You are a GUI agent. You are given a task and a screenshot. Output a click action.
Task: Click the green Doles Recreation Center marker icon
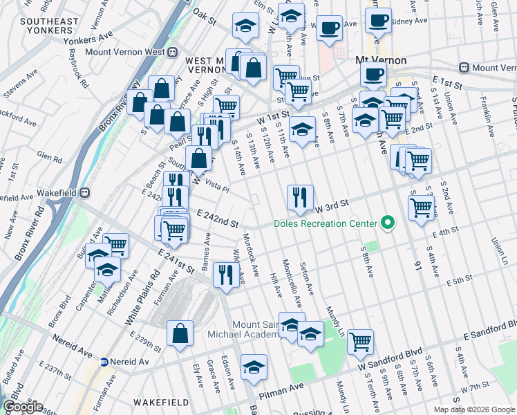pos(388,223)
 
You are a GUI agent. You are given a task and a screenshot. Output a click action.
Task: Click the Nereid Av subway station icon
pos(104,362)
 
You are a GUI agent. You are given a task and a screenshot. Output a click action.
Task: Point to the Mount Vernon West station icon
pos(172,52)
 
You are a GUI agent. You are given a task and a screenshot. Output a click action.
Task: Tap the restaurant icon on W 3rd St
pos(299,197)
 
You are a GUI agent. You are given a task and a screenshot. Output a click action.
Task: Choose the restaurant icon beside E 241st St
pos(225,275)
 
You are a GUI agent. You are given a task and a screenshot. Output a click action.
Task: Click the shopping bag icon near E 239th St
pos(180,334)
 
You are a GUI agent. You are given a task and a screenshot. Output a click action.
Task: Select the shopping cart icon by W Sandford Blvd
pos(360,341)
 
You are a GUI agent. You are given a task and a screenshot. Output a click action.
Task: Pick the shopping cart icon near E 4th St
pos(421,207)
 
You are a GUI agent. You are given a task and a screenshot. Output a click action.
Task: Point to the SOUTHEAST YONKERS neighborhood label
pos(49,26)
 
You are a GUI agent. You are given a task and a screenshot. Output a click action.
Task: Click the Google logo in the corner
pos(23,407)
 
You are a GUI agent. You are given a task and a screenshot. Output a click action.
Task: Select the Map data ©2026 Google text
pos(473,409)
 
